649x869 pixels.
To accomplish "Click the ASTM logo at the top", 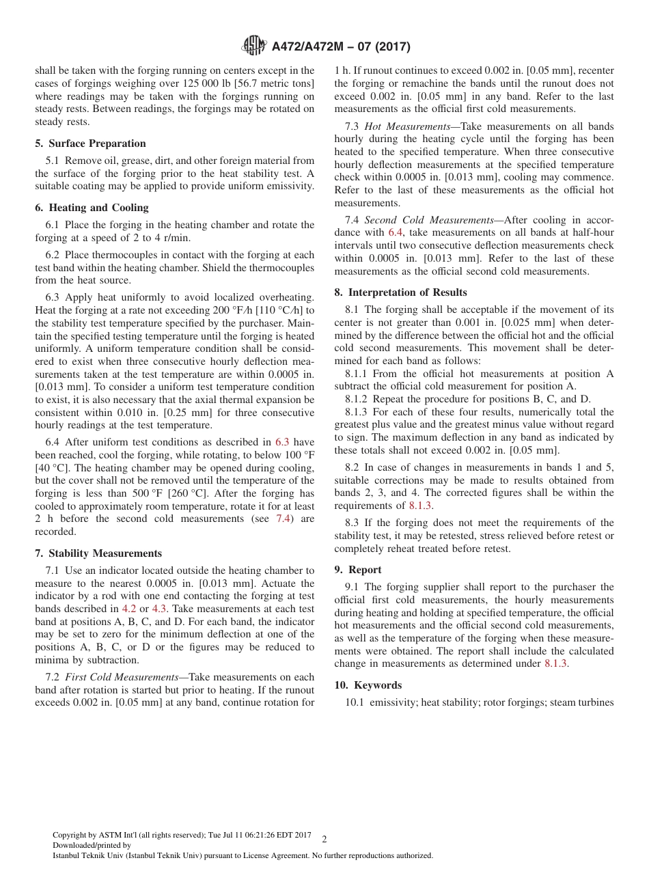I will pos(254,46).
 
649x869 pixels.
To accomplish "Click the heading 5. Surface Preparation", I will pos(90,143).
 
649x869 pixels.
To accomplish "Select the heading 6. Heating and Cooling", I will pos(92,208).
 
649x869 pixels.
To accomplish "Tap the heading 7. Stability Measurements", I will pos(98,553).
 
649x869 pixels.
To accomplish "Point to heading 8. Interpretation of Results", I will pos(400,292).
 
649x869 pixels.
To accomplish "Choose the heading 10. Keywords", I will pos(368,685).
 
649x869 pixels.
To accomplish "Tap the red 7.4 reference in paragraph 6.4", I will pos(283,519).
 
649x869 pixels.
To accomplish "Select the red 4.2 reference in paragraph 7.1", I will pos(129,609).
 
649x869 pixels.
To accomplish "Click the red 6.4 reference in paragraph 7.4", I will pos(396,233).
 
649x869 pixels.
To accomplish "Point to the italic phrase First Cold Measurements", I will pos(122,677).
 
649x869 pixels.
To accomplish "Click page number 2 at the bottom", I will pos(324,839).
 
